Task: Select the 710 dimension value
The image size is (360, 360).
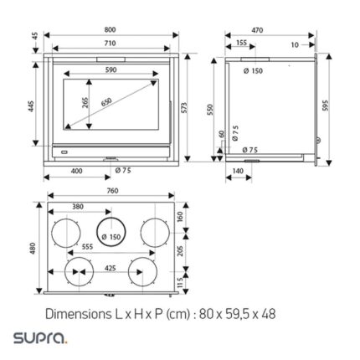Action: (111, 44)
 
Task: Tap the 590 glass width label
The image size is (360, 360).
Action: (111, 69)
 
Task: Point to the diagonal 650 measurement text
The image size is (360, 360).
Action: (106, 102)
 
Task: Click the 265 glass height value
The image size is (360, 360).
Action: (85, 102)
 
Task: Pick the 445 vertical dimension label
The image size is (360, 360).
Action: (31, 106)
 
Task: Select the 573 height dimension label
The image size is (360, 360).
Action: (184, 108)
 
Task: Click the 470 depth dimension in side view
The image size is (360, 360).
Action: (257, 30)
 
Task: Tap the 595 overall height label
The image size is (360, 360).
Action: (326, 105)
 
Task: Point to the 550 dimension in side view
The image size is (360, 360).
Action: (210, 110)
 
